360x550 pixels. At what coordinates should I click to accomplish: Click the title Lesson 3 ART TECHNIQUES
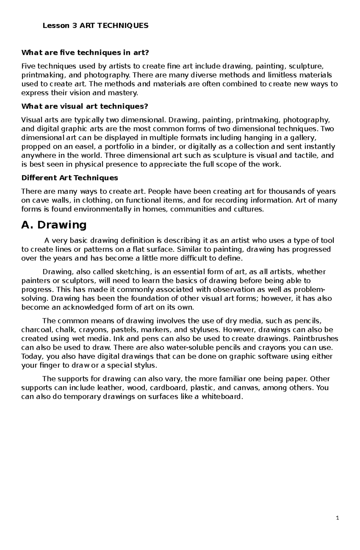click(95, 26)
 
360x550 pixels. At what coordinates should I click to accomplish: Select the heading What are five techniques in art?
click(85, 53)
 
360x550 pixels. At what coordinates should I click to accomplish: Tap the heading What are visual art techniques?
click(85, 106)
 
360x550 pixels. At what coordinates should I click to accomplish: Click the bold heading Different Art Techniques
click(70, 178)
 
